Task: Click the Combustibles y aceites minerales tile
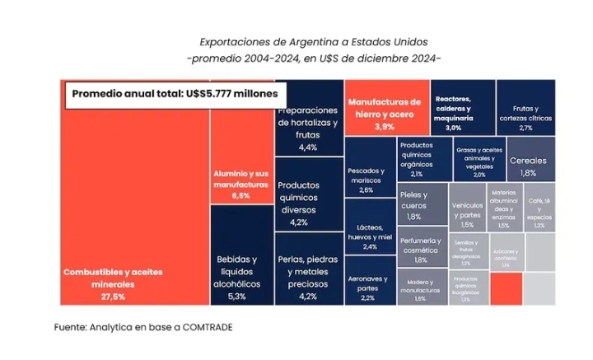(x=136, y=206)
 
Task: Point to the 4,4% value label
(x=308, y=147)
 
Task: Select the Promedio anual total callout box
(x=176, y=93)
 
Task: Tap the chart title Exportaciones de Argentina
(x=314, y=41)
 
